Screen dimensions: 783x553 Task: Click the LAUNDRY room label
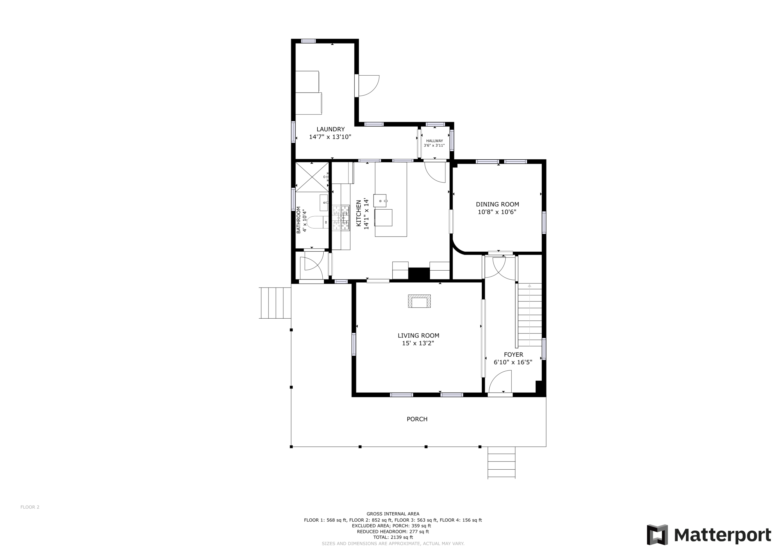pos(330,129)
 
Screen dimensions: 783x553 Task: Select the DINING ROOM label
pos(497,204)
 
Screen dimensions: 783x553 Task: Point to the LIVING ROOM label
pos(418,336)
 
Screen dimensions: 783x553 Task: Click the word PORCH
pos(417,419)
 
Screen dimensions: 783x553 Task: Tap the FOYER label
pos(513,355)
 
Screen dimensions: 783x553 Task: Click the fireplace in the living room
pos(419,301)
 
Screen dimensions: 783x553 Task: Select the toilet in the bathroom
pos(317,222)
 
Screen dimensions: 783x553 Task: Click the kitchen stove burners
pos(341,218)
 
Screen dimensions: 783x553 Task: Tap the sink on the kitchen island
pos(380,201)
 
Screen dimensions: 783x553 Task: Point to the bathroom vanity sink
pos(324,203)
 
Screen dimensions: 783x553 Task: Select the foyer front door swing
pos(500,382)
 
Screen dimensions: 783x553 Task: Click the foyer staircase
pos(530,315)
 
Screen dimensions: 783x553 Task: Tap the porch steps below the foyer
pos(501,463)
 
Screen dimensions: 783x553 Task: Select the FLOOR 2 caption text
pos(30,507)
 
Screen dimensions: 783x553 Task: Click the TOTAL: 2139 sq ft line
pos(393,537)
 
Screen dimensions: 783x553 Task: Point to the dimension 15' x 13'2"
pos(418,343)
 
